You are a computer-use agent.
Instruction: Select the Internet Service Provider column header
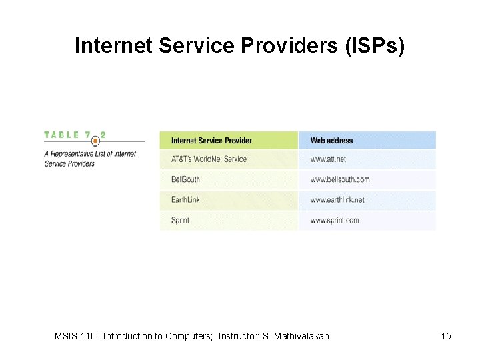[211, 141]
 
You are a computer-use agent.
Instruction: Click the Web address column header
[331, 141]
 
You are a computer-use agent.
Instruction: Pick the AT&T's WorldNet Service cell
[209, 159]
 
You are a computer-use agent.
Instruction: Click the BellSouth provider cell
[185, 179]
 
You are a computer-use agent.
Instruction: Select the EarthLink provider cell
[185, 200]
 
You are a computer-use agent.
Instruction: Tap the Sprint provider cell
[180, 221]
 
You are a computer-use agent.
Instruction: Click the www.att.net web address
[328, 159]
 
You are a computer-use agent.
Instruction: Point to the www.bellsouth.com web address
[339, 179]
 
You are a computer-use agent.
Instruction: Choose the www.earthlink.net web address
[337, 200]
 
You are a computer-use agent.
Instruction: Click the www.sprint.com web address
[335, 221]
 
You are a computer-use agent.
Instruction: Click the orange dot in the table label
[95, 141]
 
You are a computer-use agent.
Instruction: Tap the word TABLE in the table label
[61, 135]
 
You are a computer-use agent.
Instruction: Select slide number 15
[446, 336]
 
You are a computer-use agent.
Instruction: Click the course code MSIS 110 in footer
[75, 336]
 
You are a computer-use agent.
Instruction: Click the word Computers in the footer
[191, 336]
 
